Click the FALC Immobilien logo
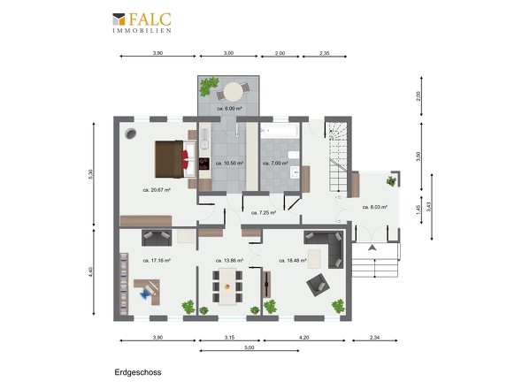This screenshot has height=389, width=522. click(x=142, y=23)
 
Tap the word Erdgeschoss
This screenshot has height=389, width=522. click(x=138, y=372)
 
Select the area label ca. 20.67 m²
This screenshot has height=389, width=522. click(x=157, y=190)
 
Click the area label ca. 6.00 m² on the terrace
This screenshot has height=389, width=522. click(x=229, y=109)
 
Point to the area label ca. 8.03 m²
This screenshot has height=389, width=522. click(x=375, y=207)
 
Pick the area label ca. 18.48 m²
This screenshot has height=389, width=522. click(x=293, y=261)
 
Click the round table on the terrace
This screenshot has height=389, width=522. click(x=233, y=92)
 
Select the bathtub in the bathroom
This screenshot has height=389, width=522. click(x=279, y=130)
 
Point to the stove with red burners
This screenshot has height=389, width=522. click(x=204, y=164)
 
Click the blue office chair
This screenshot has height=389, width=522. click(x=146, y=293)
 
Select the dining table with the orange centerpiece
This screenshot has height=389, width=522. click(x=227, y=286)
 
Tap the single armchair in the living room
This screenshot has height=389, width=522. click(x=318, y=285)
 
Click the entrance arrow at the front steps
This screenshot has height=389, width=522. click(x=372, y=248)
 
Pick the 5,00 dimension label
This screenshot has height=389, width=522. click(x=249, y=347)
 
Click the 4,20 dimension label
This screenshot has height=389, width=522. click(x=304, y=338)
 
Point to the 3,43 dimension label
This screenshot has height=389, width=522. click(x=429, y=207)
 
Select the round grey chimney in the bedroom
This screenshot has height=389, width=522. click(x=131, y=133)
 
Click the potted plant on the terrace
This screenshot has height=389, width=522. click(x=209, y=86)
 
